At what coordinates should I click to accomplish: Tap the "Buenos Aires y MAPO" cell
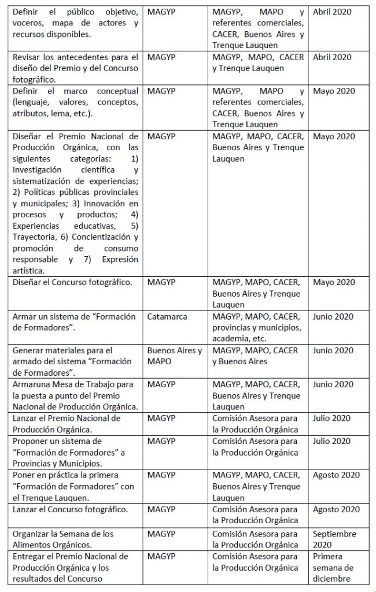[174, 356]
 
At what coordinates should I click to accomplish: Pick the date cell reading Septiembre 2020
[334, 539]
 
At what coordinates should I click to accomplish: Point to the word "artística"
[28, 269]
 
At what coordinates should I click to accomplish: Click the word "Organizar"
[31, 534]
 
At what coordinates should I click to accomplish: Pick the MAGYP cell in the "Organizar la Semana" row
[161, 534]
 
